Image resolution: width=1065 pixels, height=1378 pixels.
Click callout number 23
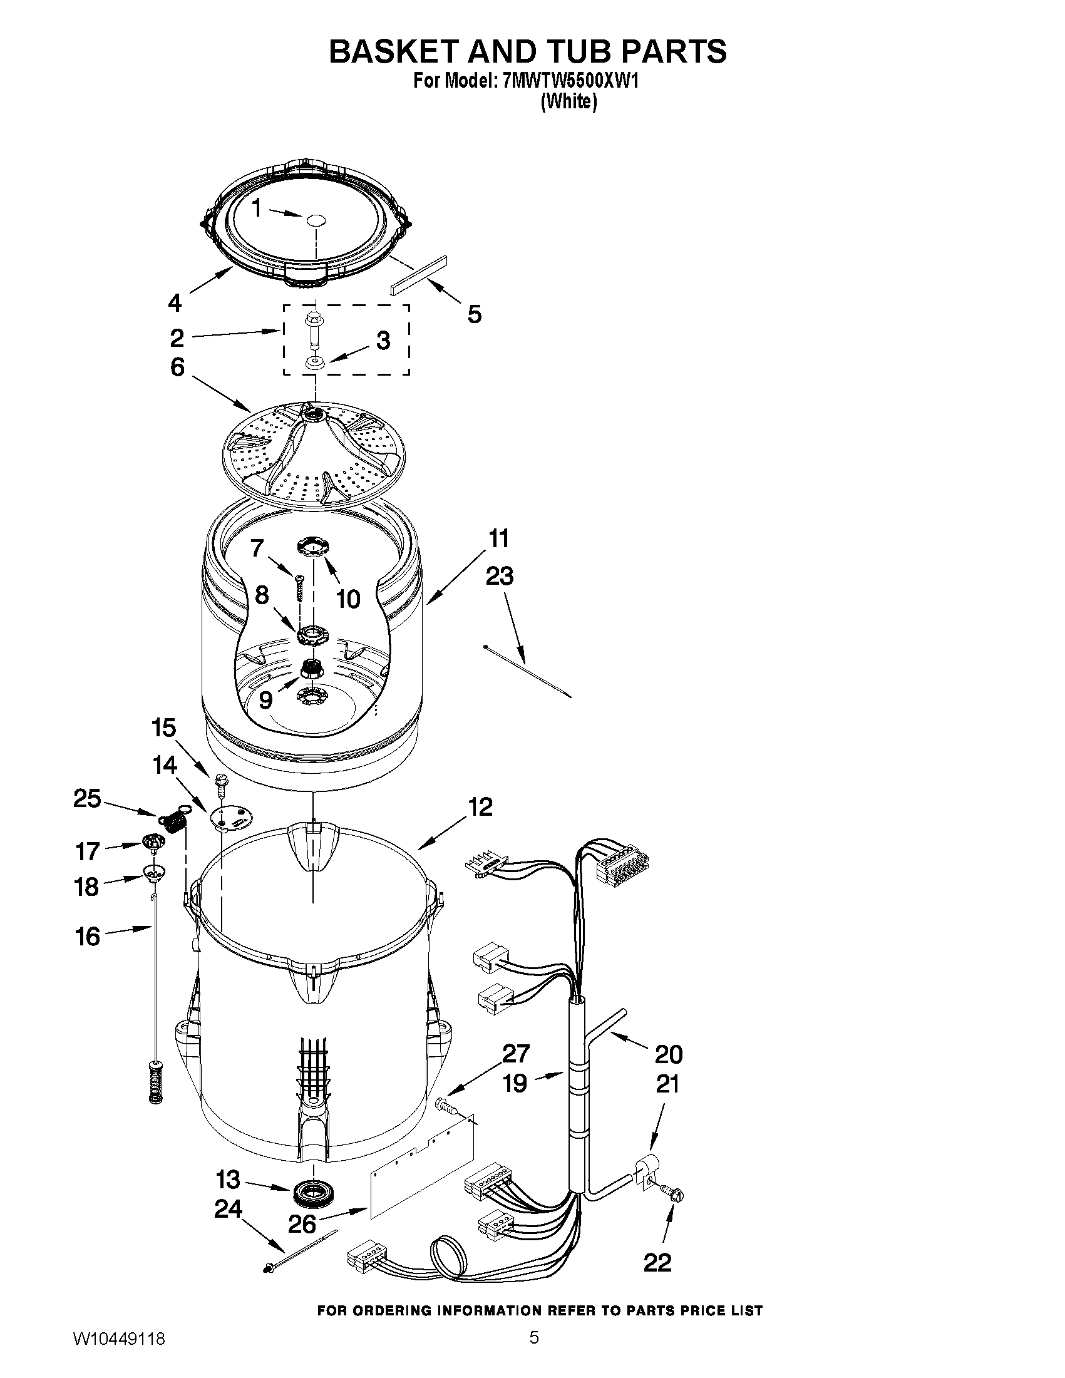pyautogui.click(x=499, y=575)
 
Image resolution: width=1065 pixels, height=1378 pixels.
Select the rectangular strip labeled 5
pyautogui.click(x=418, y=274)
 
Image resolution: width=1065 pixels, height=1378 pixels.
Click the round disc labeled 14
pyautogui.click(x=230, y=819)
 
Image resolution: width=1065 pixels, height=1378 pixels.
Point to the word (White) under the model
pyautogui.click(x=568, y=101)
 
